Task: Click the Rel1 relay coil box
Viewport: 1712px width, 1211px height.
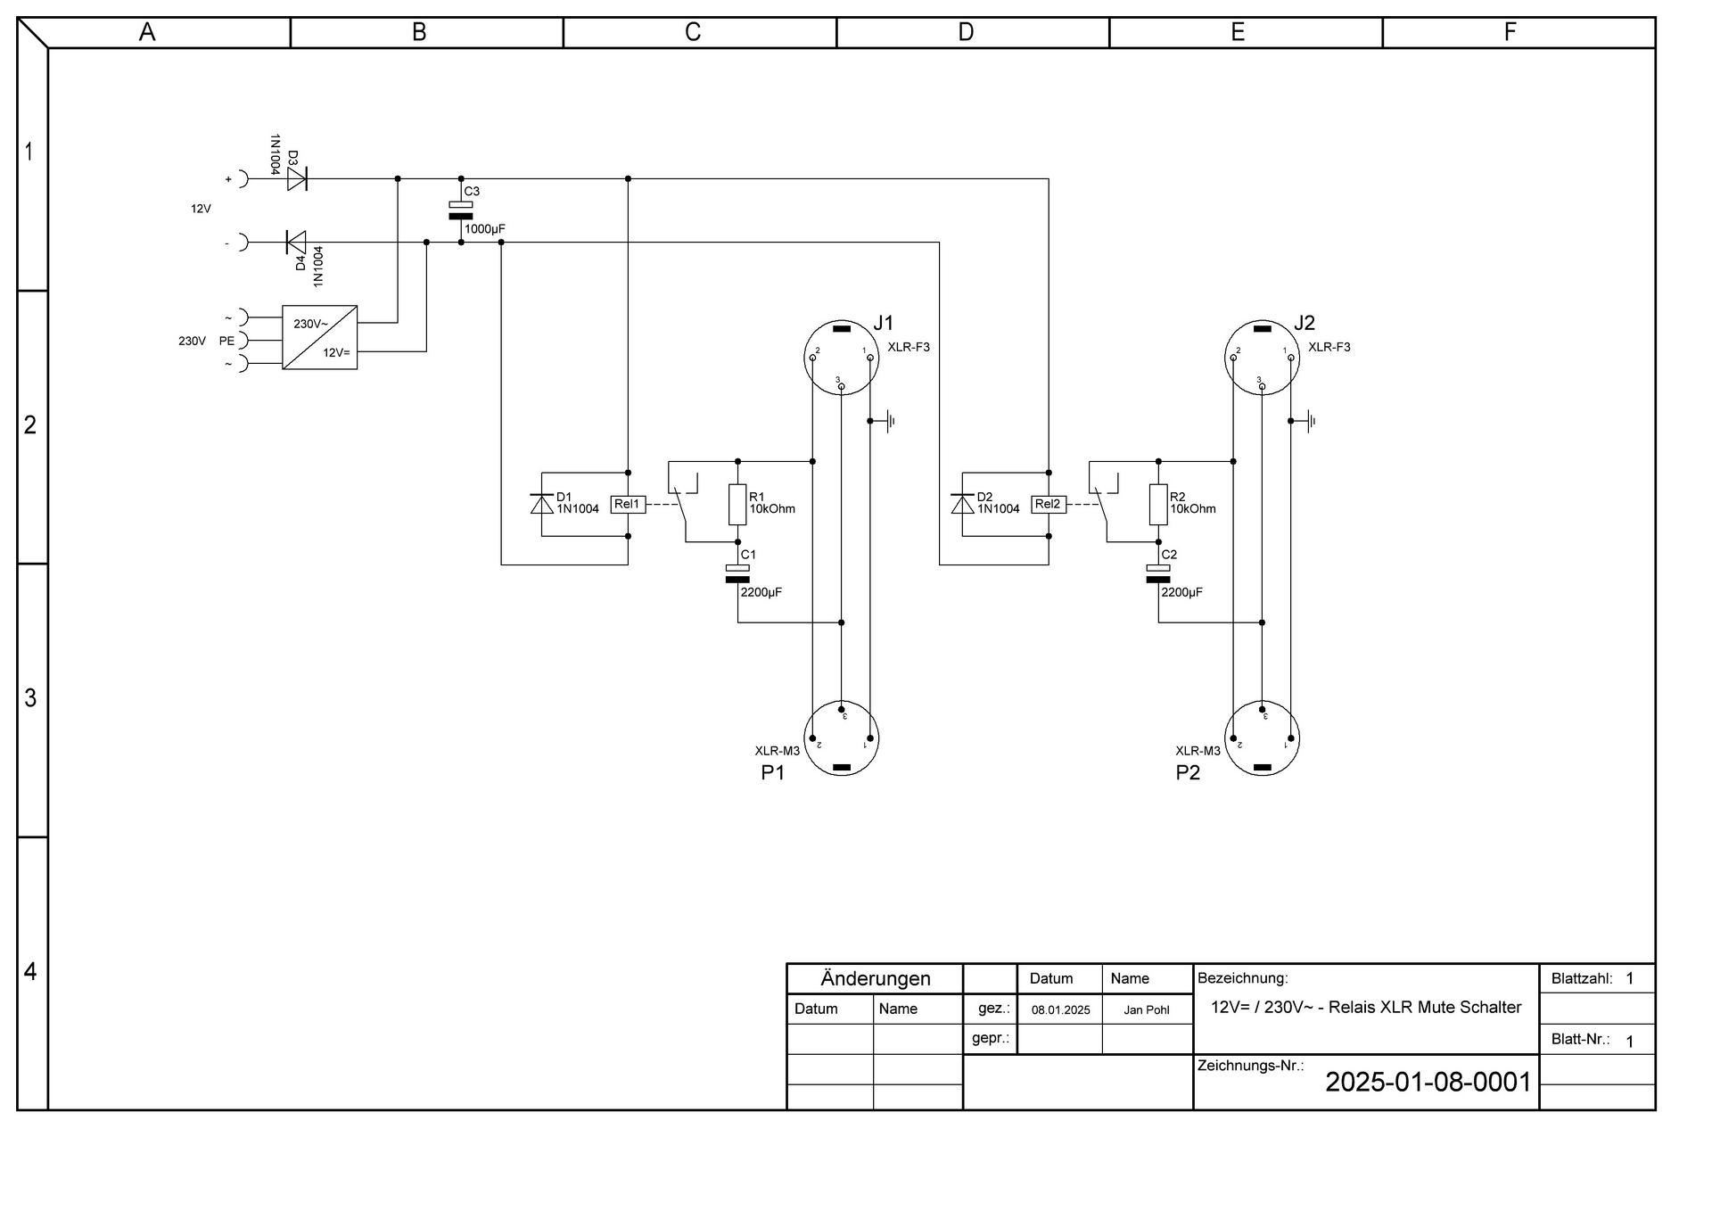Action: tap(628, 504)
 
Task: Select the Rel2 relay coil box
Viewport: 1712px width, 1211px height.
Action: tap(1049, 504)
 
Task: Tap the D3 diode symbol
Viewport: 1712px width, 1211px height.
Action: tap(297, 178)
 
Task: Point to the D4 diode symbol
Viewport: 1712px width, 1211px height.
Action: tap(295, 242)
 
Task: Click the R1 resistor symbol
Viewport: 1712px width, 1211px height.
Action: tap(737, 505)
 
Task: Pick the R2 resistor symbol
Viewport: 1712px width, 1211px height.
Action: tap(1158, 505)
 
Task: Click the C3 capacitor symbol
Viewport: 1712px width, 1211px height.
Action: tap(461, 210)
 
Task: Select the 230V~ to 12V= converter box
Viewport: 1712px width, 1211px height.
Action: tap(320, 337)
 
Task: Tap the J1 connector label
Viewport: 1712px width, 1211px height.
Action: tap(883, 323)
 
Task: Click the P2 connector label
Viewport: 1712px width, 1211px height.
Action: tap(1188, 772)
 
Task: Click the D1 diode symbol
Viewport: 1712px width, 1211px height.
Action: tap(542, 504)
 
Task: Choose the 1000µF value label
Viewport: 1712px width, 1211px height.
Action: tap(484, 229)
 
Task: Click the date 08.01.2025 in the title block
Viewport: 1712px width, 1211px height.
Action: tap(1060, 1010)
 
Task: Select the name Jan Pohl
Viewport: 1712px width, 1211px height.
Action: tap(1147, 1010)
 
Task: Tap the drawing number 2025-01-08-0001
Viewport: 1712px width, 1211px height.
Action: tap(1428, 1082)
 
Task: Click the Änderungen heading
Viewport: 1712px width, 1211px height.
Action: tap(876, 978)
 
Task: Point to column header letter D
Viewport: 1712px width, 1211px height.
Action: tap(966, 32)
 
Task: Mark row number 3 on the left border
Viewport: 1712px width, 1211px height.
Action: tap(30, 697)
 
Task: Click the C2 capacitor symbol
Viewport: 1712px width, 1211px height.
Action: tap(1158, 573)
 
